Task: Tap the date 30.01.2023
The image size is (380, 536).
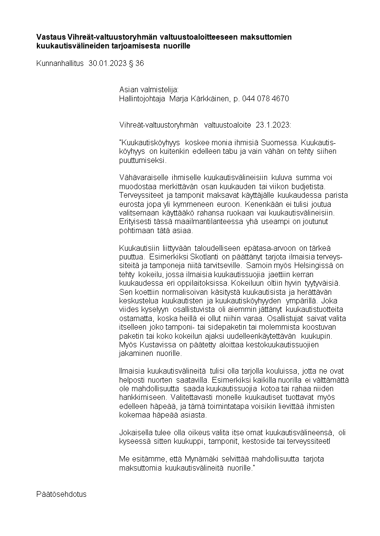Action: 108,63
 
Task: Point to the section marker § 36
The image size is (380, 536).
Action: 136,63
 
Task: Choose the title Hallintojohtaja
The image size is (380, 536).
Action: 142,99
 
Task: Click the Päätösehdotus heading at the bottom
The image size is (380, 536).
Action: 61,494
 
